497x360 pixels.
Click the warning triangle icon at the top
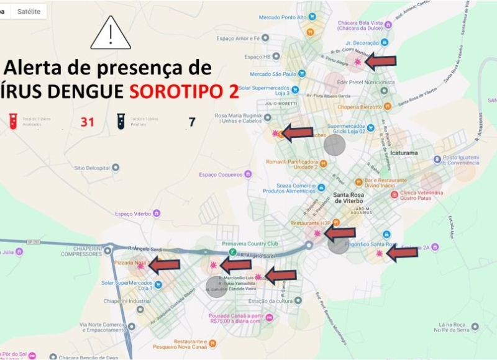[x=111, y=34]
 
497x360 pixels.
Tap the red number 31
[x=87, y=122]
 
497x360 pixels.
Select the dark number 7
[x=192, y=122]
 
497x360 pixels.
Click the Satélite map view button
[x=29, y=11]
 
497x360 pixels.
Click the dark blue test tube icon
[x=121, y=121]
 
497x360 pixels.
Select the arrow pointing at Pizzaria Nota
[x=163, y=266]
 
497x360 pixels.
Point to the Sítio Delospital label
[x=92, y=168]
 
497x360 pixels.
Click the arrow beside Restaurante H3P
[x=340, y=233]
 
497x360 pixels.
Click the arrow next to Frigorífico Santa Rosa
[x=401, y=252]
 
